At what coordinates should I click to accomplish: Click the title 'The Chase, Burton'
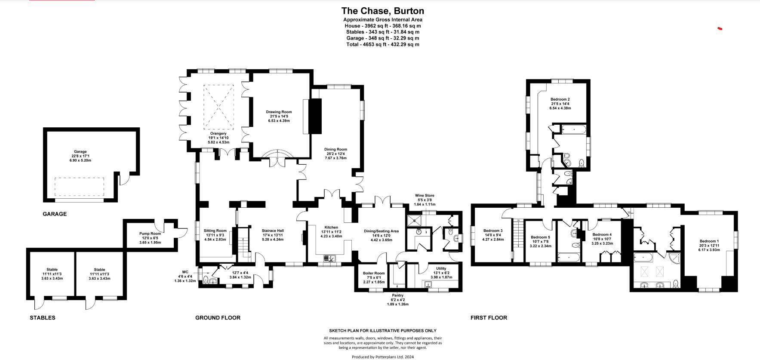[x=382, y=11]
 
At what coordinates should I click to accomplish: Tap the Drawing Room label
[x=279, y=112]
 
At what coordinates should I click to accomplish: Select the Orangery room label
[x=218, y=133]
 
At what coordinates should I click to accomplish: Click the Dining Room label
[x=335, y=149]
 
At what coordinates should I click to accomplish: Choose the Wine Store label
[x=425, y=195]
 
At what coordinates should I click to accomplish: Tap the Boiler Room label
[x=373, y=273]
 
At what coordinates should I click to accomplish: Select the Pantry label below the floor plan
[x=397, y=295]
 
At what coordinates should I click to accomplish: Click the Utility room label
[x=441, y=268]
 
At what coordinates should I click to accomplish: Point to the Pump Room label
[x=150, y=234]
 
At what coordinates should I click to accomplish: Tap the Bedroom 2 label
[x=560, y=99]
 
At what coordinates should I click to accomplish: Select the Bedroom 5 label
[x=540, y=237]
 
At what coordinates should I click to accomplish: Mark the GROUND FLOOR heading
[x=218, y=317]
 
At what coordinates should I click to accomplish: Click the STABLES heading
[x=42, y=317]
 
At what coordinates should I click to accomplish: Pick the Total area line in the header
[x=382, y=44]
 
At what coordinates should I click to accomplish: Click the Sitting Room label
[x=215, y=231]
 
